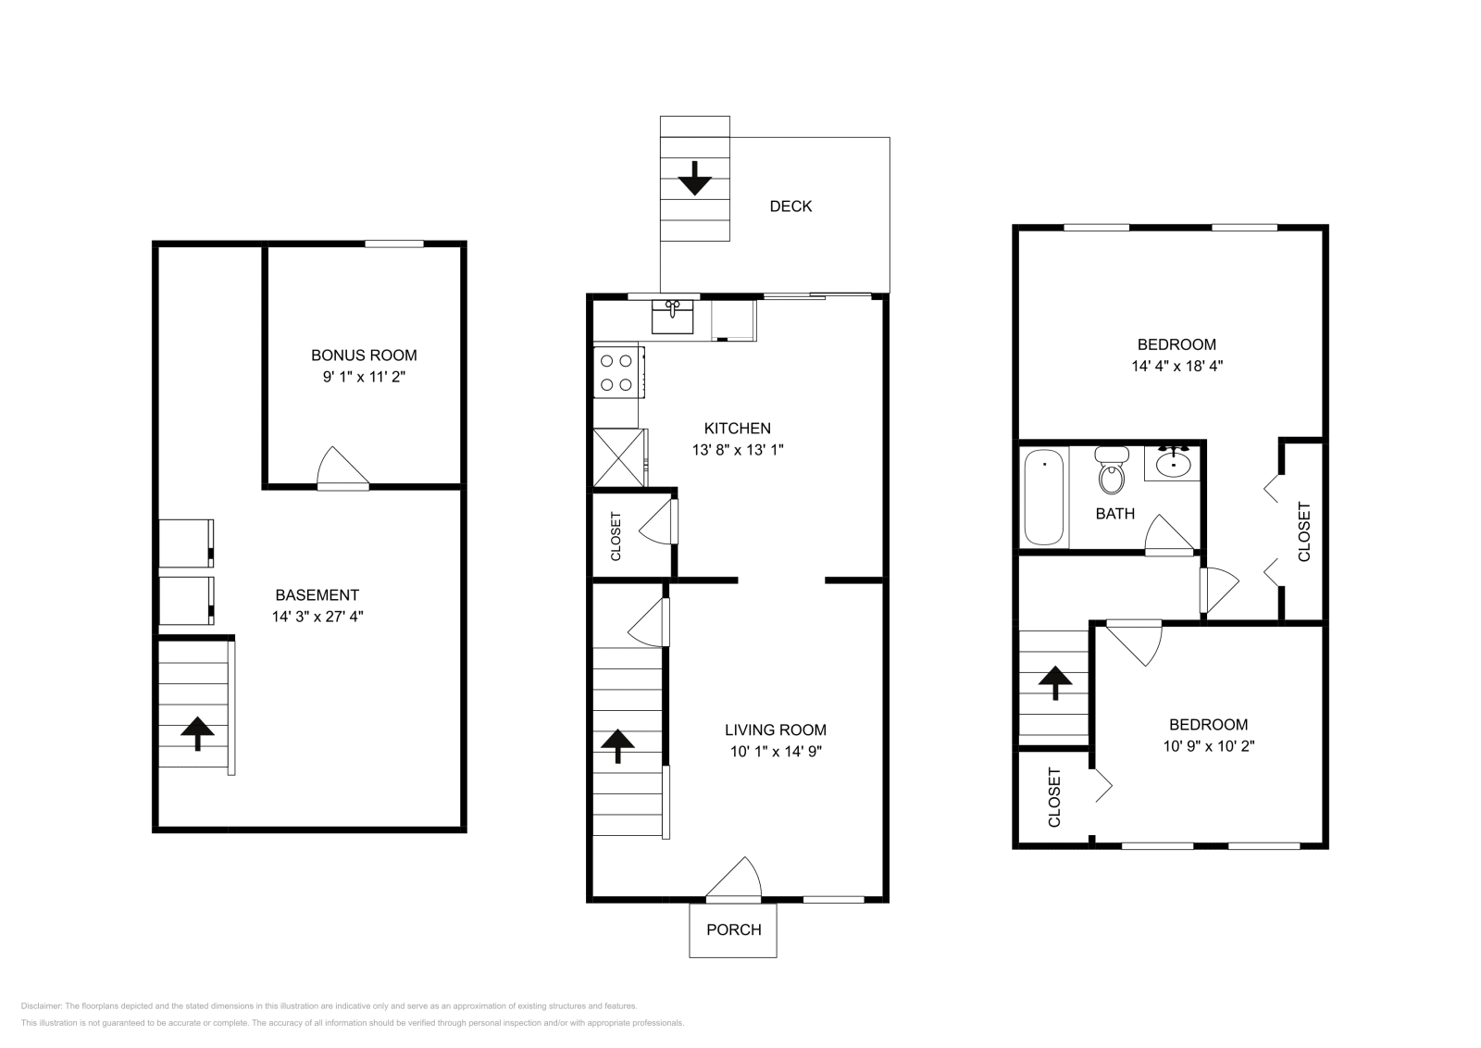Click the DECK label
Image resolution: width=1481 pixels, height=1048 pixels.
(790, 206)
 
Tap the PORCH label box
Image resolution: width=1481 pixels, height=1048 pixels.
(733, 929)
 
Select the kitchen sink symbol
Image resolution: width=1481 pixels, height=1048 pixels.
(673, 316)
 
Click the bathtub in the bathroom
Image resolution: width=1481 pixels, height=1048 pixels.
(1044, 497)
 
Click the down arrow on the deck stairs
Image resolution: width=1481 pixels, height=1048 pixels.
(694, 178)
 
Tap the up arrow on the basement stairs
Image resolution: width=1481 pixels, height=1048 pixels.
(196, 733)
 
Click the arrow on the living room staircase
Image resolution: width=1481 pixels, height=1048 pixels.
(618, 744)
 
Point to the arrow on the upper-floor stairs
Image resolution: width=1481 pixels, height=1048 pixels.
(1054, 683)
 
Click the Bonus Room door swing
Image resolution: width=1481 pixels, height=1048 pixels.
(341, 468)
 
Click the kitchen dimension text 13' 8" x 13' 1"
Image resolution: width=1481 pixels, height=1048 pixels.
(738, 450)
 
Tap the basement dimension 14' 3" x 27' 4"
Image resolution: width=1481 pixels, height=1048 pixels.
(317, 617)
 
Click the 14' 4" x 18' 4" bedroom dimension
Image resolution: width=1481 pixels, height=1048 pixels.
(1176, 366)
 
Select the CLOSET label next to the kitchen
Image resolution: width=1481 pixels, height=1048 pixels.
(616, 536)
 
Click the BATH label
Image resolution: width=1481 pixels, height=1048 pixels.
(1114, 514)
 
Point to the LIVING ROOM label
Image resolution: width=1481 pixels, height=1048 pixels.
(775, 730)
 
